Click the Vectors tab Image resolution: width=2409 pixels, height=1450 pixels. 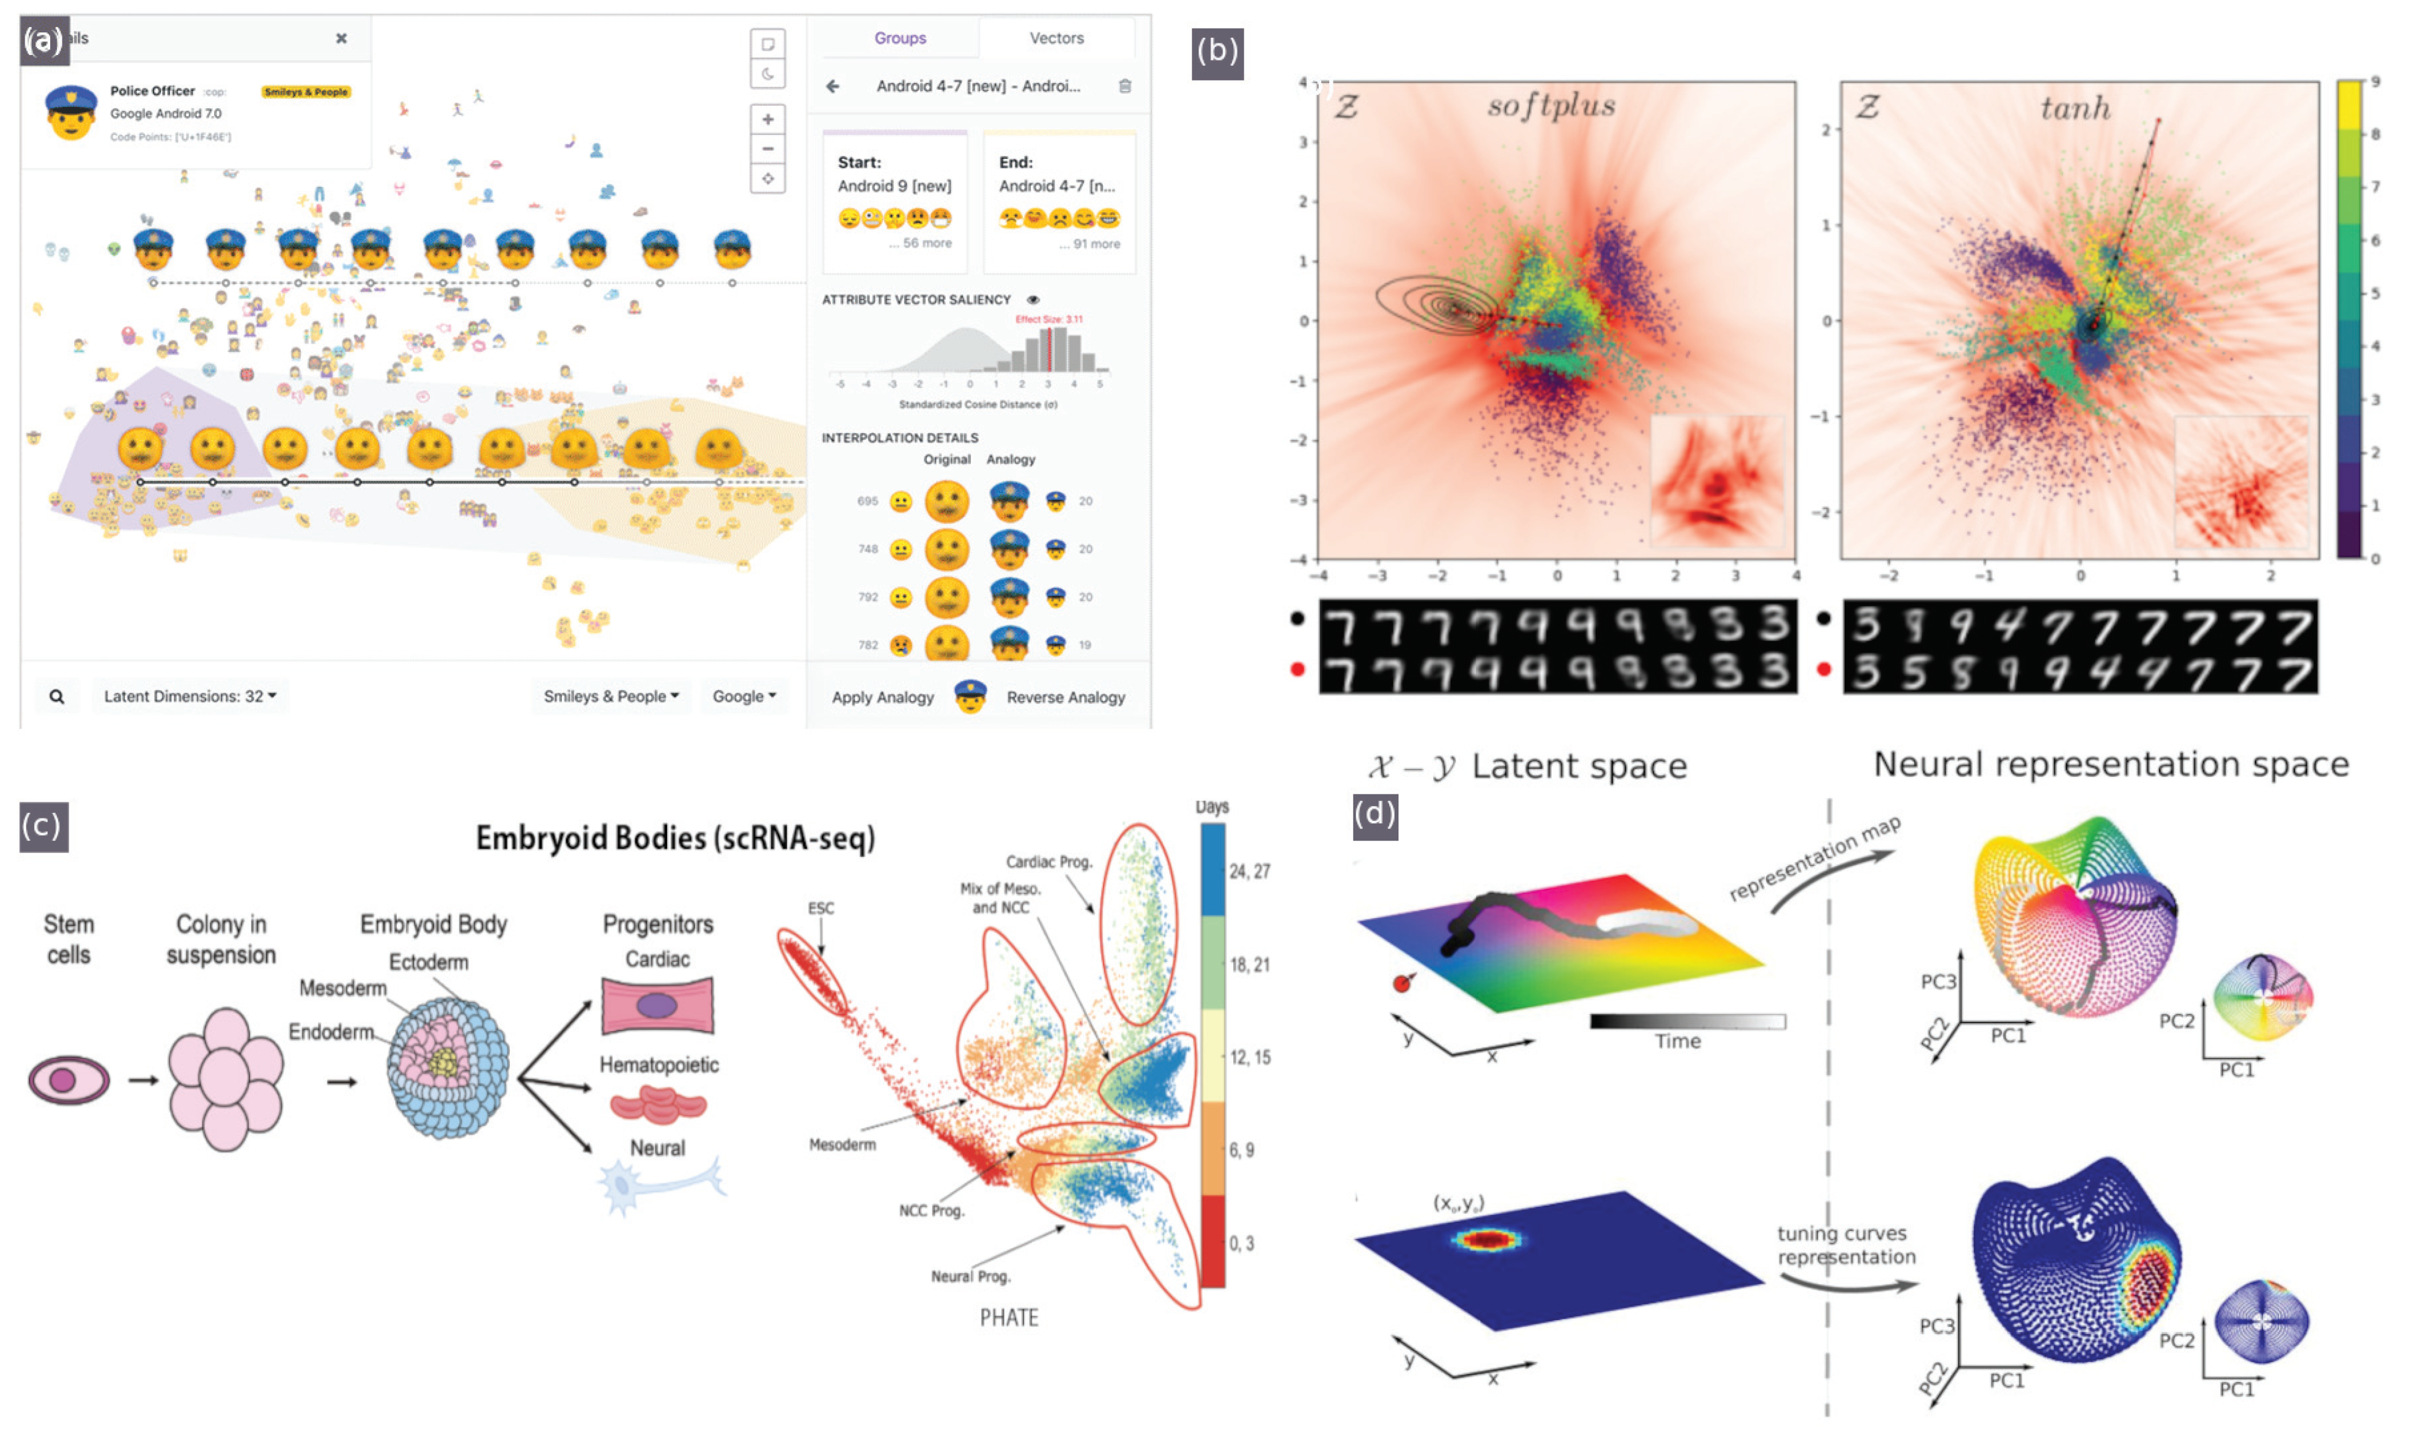coord(1056,38)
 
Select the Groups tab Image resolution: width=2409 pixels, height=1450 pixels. coord(899,38)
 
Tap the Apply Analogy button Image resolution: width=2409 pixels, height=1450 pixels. coord(882,697)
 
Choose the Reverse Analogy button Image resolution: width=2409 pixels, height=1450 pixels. coord(1065,697)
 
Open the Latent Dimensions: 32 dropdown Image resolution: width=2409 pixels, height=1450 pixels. coord(189,696)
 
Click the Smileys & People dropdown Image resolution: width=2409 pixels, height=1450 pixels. coord(610,696)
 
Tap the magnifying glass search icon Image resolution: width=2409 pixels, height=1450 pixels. coord(57,697)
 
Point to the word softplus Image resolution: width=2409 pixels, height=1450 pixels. coord(1550,106)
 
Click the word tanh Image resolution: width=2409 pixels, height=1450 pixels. coord(2074,108)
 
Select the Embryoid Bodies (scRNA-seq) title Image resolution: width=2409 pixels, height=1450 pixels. coord(674,838)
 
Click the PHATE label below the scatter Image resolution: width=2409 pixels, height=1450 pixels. coord(1009,1317)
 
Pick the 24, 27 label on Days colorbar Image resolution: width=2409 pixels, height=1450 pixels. coord(1249,870)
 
